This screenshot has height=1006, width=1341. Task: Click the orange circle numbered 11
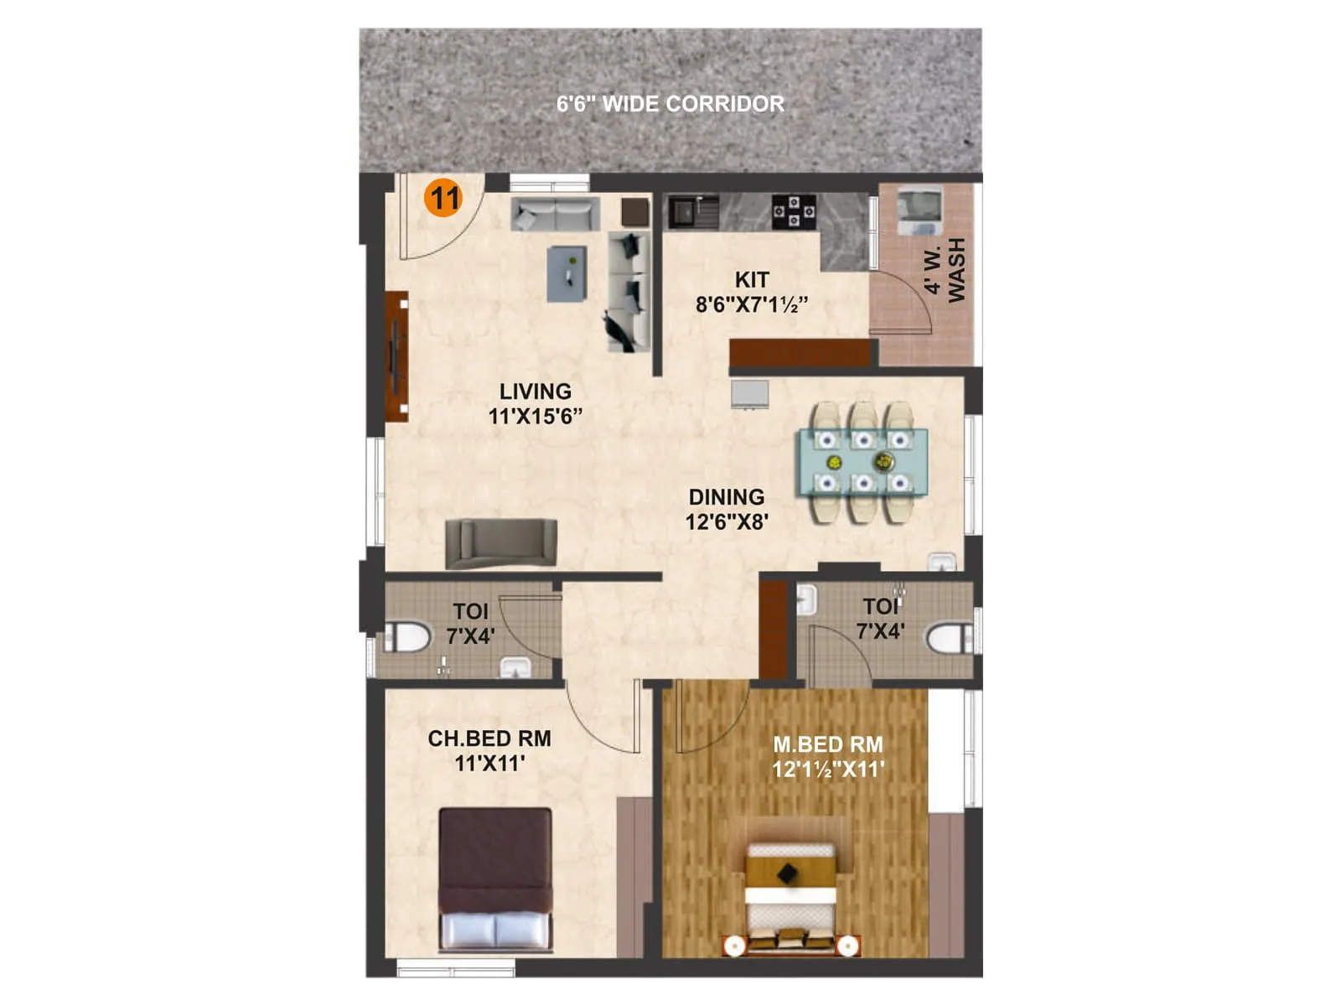click(443, 198)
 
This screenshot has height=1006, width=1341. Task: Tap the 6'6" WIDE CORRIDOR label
click(670, 104)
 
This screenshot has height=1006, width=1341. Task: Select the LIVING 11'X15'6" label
click(535, 403)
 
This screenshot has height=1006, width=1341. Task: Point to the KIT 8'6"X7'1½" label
click(752, 292)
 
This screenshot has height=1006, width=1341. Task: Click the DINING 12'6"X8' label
click(727, 509)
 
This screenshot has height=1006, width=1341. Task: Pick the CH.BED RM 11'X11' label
click(489, 750)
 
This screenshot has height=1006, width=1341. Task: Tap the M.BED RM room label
click(828, 756)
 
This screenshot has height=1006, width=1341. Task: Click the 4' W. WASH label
click(945, 270)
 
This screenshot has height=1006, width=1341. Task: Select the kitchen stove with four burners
click(793, 211)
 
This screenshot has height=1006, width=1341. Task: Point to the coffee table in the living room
click(567, 273)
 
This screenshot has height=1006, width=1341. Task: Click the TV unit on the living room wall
click(396, 356)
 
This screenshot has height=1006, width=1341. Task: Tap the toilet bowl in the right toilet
click(947, 638)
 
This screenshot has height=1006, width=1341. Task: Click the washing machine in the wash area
click(919, 212)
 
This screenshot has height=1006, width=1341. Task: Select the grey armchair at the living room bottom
click(501, 543)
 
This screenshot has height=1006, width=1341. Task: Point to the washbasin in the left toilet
click(515, 667)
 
